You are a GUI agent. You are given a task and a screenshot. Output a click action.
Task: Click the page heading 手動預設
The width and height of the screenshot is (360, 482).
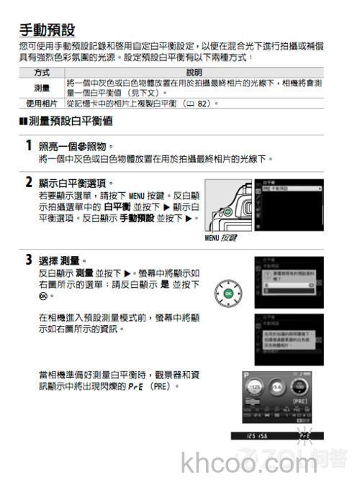(46, 30)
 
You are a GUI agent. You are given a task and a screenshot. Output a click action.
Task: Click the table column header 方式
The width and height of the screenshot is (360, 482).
(41, 73)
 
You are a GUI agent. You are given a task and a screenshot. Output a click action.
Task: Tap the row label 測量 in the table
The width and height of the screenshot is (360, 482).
(41, 88)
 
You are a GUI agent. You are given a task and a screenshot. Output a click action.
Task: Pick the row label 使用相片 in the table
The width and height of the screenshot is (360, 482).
(41, 103)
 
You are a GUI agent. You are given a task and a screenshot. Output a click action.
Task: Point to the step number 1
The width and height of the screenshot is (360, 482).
(28, 145)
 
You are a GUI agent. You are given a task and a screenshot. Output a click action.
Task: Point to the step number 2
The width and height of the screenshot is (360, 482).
(28, 182)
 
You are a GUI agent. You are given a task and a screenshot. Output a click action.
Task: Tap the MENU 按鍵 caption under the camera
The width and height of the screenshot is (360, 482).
(220, 237)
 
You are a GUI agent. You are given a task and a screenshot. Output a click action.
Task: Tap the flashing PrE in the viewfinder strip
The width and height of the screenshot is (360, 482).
(305, 436)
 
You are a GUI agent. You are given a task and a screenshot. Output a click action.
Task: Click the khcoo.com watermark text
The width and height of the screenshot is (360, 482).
(230, 460)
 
